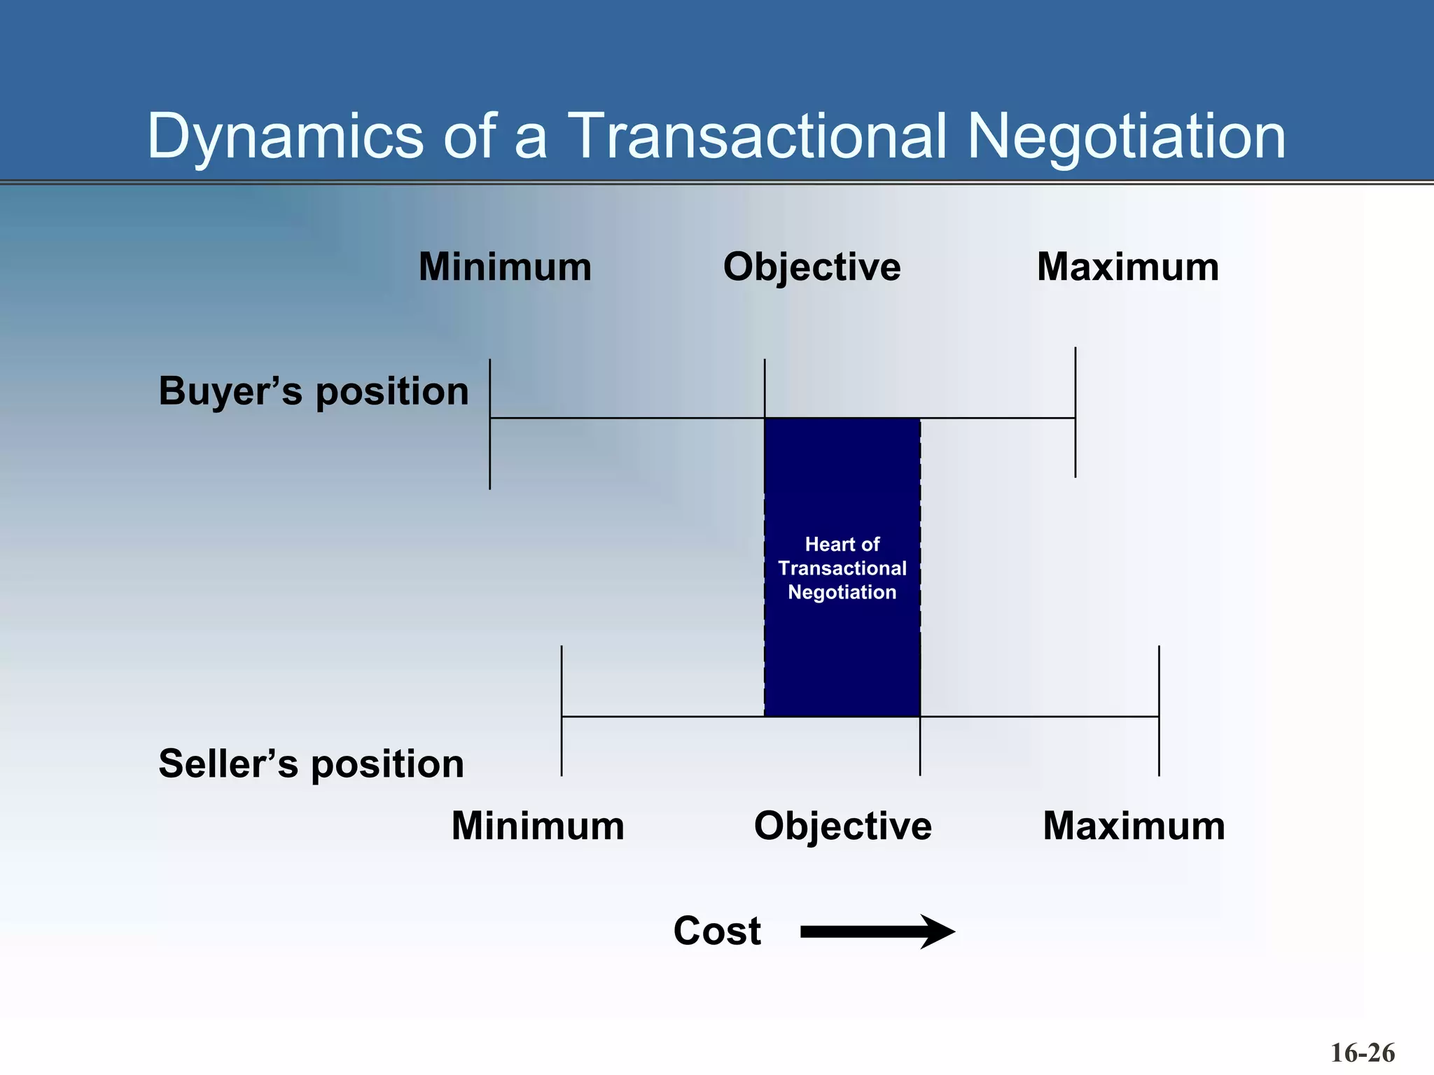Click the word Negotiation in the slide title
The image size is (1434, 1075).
(x=1126, y=136)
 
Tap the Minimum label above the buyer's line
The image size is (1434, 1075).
(x=505, y=267)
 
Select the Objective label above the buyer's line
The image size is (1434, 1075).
(x=812, y=267)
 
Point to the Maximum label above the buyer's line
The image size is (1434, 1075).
(x=1127, y=267)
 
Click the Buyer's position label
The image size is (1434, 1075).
(x=314, y=391)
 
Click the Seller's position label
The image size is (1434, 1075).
(x=311, y=764)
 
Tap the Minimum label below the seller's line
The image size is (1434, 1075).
(x=538, y=827)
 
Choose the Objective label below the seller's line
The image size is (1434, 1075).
(x=842, y=827)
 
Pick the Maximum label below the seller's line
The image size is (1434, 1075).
(x=1134, y=827)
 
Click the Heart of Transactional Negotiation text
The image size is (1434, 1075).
(x=842, y=568)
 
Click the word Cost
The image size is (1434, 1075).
(x=717, y=932)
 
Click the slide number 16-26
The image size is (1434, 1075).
(x=1362, y=1053)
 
